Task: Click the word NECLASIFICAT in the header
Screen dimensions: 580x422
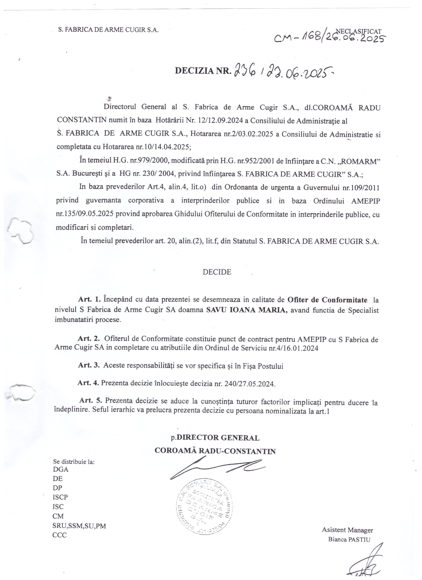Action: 358,31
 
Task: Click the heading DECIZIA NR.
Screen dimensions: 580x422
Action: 203,71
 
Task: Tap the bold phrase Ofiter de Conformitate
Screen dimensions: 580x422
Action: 327,299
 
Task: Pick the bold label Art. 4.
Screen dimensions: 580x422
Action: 88,383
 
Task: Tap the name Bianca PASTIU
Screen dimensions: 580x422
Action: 349,540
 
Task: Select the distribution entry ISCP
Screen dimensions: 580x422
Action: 60,497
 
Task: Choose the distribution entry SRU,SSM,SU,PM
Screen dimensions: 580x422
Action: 79,526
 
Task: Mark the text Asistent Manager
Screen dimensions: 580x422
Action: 347,530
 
